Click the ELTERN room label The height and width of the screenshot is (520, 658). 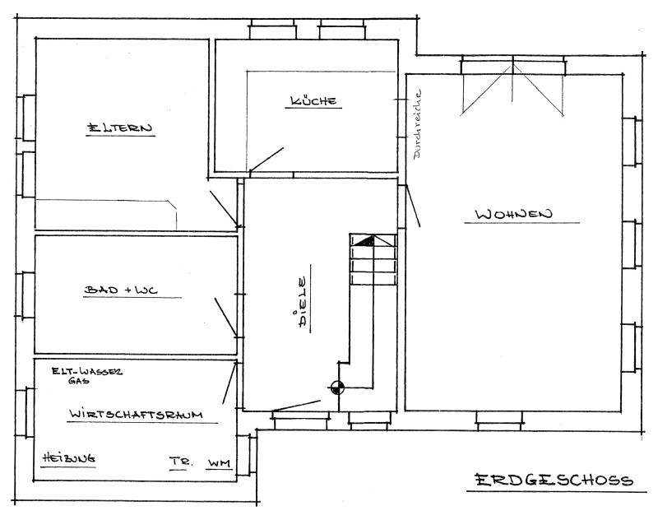pyautogui.click(x=119, y=128)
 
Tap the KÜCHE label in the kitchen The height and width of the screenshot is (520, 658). pyautogui.click(x=313, y=100)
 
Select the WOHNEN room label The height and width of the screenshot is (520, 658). pyautogui.click(x=513, y=214)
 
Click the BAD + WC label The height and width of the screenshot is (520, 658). pyautogui.click(x=121, y=290)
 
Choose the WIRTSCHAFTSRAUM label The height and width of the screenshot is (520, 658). pyautogui.click(x=136, y=414)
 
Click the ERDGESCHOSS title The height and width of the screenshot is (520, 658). pyautogui.click(x=554, y=480)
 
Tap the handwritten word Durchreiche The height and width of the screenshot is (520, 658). pyautogui.click(x=418, y=123)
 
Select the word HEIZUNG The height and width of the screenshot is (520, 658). pyautogui.click(x=69, y=458)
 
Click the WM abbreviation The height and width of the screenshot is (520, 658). pyautogui.click(x=219, y=463)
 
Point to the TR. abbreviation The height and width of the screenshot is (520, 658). pyautogui.click(x=180, y=462)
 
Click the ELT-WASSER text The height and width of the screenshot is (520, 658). pyautogui.click(x=87, y=371)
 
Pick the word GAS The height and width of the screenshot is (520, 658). pyautogui.click(x=79, y=381)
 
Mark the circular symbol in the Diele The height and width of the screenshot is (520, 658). pyautogui.click(x=337, y=388)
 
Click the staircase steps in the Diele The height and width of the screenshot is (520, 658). pyautogui.click(x=373, y=259)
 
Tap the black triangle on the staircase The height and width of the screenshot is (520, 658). pyautogui.click(x=365, y=241)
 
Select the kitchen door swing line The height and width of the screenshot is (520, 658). pyautogui.click(x=266, y=160)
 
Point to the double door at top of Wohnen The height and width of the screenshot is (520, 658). pyautogui.click(x=512, y=88)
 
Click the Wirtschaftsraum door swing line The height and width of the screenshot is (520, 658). pyautogui.click(x=229, y=383)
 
